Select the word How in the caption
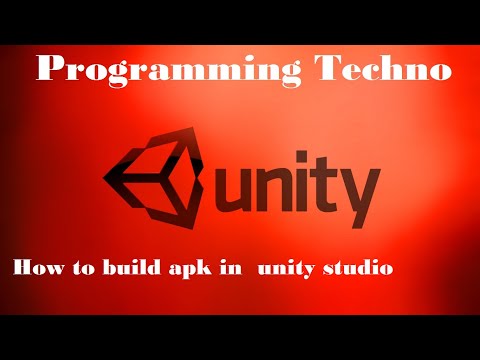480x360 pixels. tap(35, 268)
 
